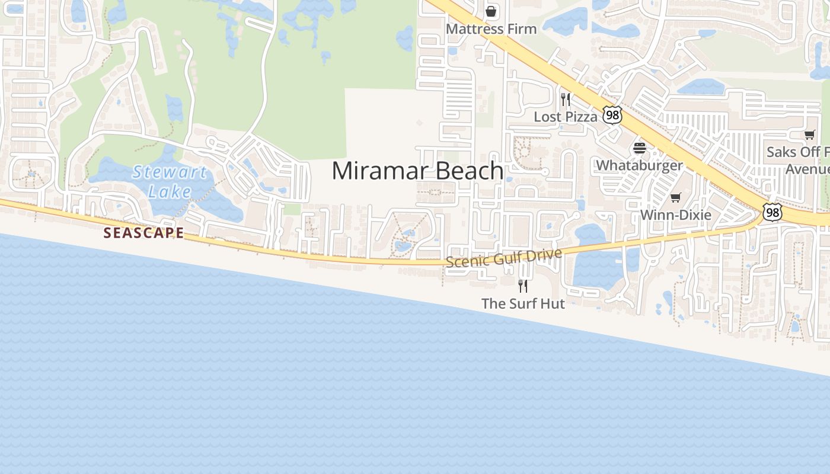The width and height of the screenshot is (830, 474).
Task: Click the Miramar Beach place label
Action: (x=417, y=171)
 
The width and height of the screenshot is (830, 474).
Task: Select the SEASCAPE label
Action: (x=143, y=233)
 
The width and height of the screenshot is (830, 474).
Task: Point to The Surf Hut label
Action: (x=523, y=304)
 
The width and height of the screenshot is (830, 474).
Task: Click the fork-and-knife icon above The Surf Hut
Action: (x=523, y=286)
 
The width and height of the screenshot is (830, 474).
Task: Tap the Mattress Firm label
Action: (x=491, y=29)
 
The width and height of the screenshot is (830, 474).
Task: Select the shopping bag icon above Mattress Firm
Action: (x=491, y=11)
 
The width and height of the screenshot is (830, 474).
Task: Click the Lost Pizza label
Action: (x=566, y=117)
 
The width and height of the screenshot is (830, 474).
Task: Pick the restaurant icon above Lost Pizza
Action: (x=566, y=99)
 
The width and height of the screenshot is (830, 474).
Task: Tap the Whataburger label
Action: (x=640, y=165)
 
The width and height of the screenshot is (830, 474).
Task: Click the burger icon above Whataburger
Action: (x=640, y=148)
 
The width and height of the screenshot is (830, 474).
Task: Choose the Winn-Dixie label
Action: (x=675, y=214)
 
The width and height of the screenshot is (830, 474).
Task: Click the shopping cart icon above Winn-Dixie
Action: (x=675, y=197)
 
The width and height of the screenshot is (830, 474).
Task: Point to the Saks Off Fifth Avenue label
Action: (x=798, y=160)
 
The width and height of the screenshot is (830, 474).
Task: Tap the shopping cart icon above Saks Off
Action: (x=810, y=134)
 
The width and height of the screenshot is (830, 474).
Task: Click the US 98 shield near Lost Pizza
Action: (x=612, y=115)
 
